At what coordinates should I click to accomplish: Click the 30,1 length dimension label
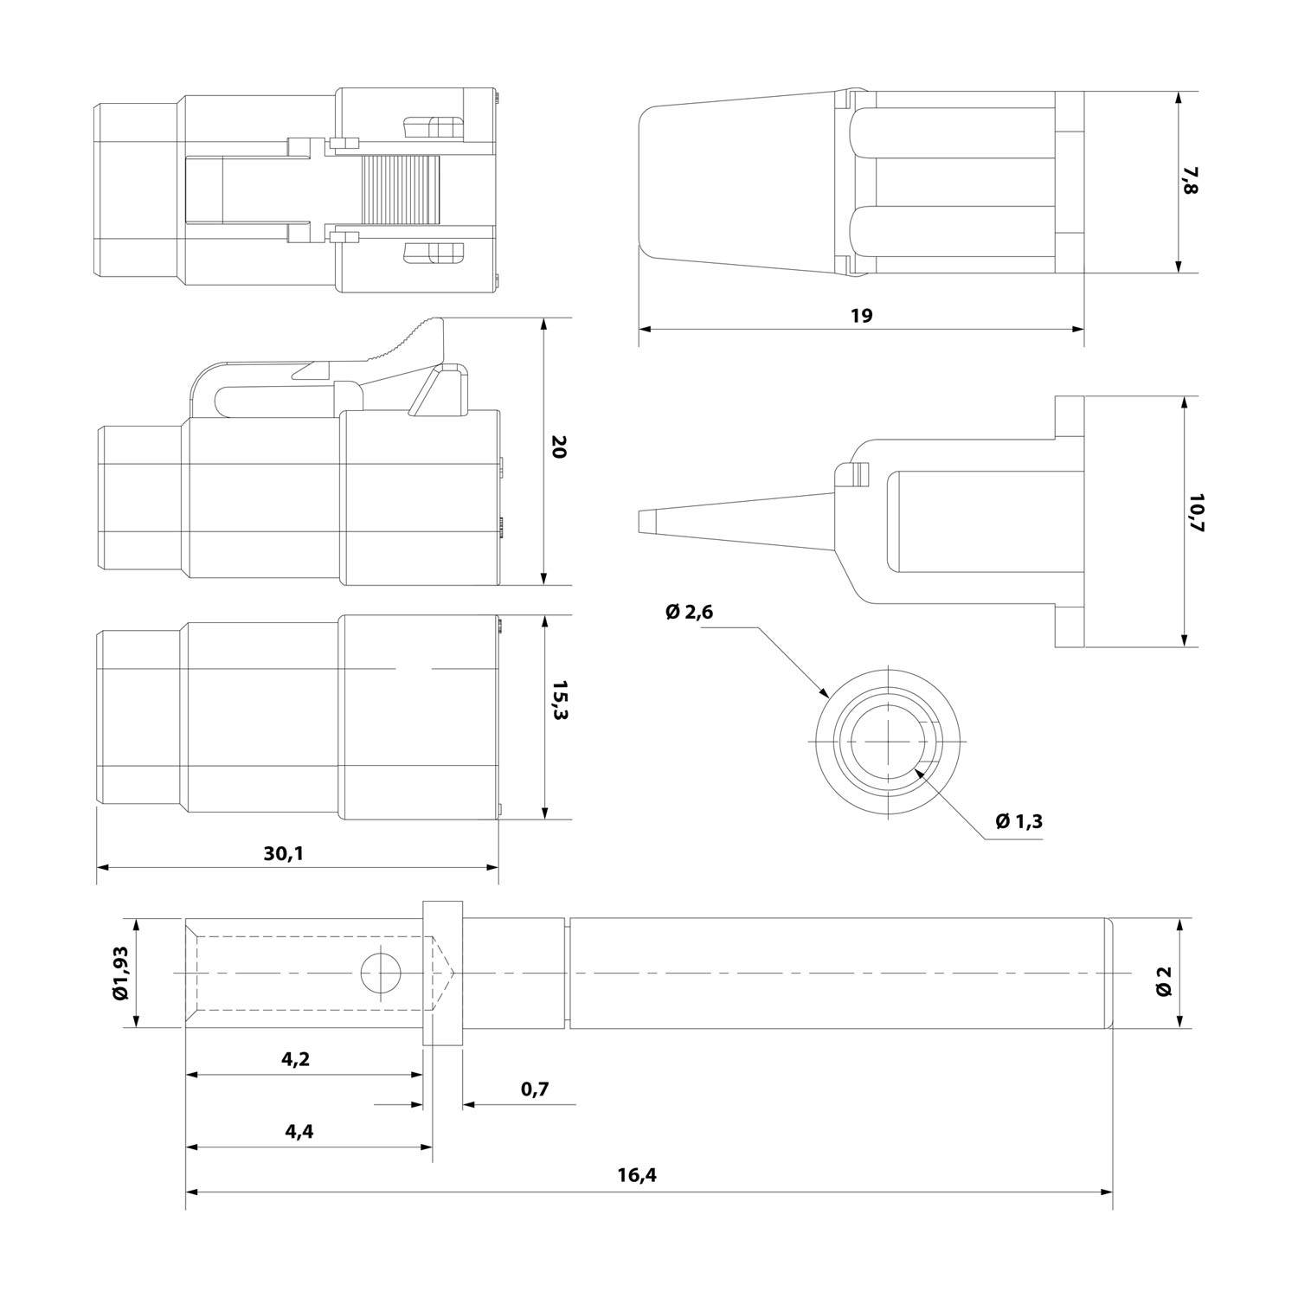point(284,853)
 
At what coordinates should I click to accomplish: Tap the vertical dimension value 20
point(559,447)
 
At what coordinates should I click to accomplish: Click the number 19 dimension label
point(861,316)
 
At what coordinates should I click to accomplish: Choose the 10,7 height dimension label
point(1195,513)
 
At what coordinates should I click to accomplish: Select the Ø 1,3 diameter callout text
point(1018,821)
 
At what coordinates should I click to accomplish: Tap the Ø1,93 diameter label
point(120,973)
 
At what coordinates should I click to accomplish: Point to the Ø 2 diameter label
point(1164,973)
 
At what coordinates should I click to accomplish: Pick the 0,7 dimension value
point(535,1089)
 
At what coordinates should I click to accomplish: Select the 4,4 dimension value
point(298,1132)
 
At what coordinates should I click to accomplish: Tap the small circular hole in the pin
point(381,973)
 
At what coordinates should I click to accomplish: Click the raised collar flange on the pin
point(442,973)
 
